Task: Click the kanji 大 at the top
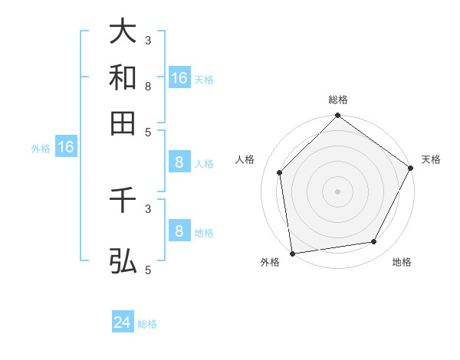[123, 32]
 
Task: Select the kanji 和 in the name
[123, 77]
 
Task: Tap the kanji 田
[123, 122]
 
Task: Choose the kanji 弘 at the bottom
[123, 261]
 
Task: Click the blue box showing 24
[123, 323]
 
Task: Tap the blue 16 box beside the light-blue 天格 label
[179, 78]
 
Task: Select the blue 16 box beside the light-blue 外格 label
[65, 148]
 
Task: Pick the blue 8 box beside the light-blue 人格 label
[179, 162]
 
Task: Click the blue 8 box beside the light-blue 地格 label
[179, 231]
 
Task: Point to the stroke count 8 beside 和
[148, 86]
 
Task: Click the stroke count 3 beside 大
[148, 40]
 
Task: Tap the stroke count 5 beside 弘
[148, 270]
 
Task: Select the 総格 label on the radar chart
[337, 100]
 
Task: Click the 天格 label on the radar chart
[431, 159]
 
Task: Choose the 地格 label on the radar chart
[402, 262]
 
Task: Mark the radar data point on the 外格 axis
[292, 253]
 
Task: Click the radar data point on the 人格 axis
[280, 172]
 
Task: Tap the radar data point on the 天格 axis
[410, 168]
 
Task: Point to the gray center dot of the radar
[337, 191]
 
